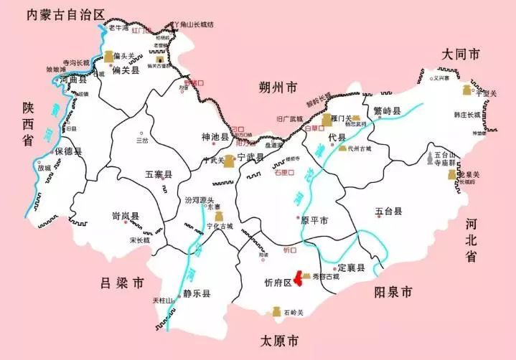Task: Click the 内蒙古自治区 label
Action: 64,14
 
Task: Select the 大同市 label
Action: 461,55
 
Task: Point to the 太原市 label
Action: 279,340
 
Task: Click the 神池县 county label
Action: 215,136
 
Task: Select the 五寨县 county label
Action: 159,174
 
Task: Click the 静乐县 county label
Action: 196,293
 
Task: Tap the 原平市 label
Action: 314,220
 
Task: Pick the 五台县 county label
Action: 388,212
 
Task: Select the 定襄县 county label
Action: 351,267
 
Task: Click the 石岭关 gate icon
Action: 274,311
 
